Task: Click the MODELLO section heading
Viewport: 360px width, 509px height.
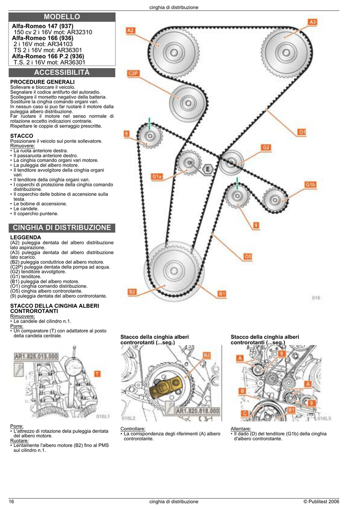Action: point(62,17)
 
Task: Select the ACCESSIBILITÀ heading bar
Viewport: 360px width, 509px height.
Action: point(62,73)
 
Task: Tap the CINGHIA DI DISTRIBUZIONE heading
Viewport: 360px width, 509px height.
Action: point(62,228)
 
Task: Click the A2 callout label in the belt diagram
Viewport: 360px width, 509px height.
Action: point(130,30)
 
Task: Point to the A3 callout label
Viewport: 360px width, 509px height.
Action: point(313,22)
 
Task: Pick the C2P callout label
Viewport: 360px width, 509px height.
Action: point(133,73)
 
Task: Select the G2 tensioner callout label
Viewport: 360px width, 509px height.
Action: point(266,148)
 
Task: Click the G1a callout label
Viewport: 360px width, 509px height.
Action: point(157,176)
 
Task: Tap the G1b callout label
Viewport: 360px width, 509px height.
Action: point(310,184)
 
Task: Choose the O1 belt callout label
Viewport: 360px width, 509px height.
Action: point(302,132)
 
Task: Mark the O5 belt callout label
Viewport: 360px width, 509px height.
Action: point(248,256)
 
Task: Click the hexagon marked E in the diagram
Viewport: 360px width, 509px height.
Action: point(208,169)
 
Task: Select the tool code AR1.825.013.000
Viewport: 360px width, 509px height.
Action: point(36,356)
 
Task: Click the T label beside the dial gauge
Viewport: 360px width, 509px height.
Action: point(97,373)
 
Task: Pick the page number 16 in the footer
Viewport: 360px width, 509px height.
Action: point(11,502)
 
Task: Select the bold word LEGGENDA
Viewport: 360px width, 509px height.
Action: point(25,238)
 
